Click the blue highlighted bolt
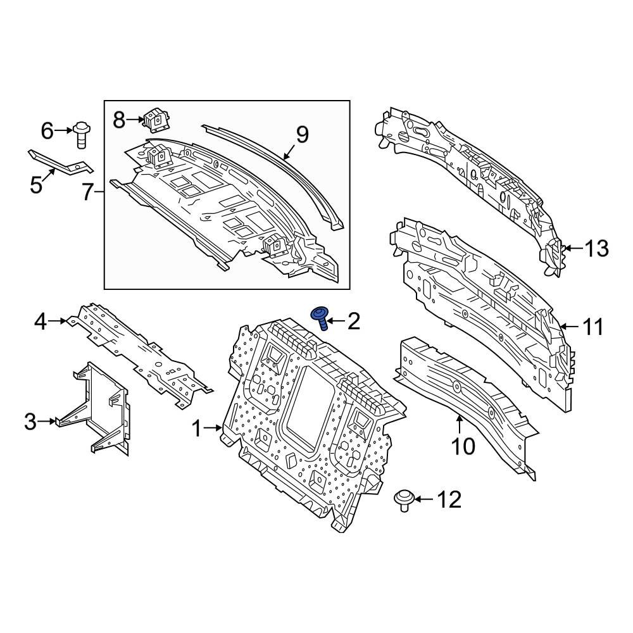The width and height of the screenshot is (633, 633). pos(320,316)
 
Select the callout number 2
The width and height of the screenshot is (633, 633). pos(353,322)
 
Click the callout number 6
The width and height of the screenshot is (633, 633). pos(48,131)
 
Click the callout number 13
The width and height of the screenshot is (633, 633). pos(595,249)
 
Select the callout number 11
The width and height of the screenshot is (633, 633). pos(592,327)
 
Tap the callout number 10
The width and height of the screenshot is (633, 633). pos(463,446)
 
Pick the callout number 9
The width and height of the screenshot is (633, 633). pos(302,135)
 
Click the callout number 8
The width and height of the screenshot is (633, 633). pos(120,118)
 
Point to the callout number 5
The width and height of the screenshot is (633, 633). pos(36,185)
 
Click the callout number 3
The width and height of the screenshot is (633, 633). pos(30,422)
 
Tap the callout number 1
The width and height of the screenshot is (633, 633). pos(197,430)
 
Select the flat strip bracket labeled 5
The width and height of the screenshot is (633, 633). pos(60,161)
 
